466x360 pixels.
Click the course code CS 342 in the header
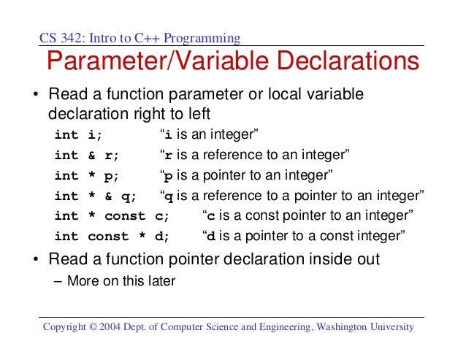(x=60, y=37)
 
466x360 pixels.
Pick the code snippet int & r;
(x=87, y=156)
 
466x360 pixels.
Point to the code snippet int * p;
(x=87, y=175)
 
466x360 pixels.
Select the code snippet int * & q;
(x=95, y=196)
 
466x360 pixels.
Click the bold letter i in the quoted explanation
(x=169, y=135)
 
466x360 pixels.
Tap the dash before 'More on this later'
(x=58, y=280)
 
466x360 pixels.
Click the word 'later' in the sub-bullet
(x=161, y=280)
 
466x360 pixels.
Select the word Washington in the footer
(x=341, y=326)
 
